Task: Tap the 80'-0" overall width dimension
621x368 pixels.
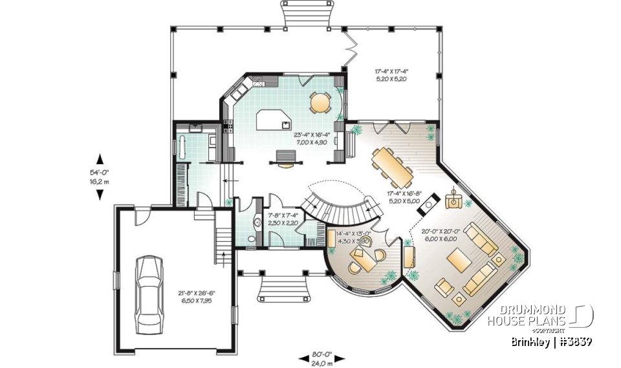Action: point(321,358)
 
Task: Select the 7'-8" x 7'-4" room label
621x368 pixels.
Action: point(282,219)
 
